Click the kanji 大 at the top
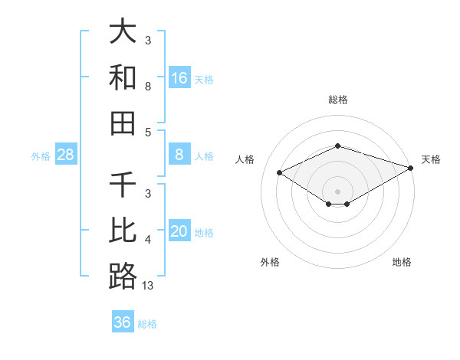click(123, 33)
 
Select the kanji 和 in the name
click(123, 78)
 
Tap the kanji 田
click(123, 123)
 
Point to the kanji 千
click(123, 185)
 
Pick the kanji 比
click(123, 231)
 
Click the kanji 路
click(123, 276)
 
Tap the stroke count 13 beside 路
click(148, 285)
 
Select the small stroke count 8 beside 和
click(148, 87)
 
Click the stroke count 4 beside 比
click(148, 240)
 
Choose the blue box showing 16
click(179, 77)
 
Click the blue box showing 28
click(66, 155)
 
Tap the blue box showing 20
click(179, 231)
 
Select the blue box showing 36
click(123, 322)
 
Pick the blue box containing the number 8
click(179, 155)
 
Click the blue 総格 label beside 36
click(147, 324)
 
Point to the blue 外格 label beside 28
click(41, 156)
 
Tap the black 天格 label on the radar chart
click(431, 159)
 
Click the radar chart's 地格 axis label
click(402, 262)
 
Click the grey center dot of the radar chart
click(338, 191)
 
